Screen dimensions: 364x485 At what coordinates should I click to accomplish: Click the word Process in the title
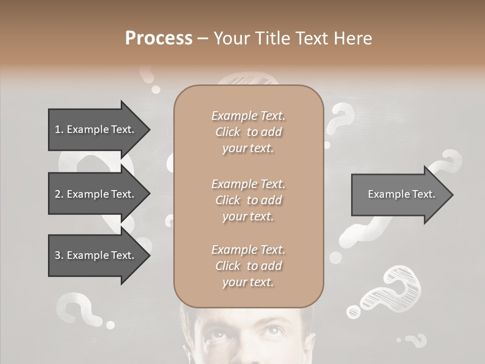point(159,38)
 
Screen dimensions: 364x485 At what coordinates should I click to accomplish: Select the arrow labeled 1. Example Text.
point(94,129)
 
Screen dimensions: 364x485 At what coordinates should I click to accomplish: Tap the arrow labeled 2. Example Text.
point(94,194)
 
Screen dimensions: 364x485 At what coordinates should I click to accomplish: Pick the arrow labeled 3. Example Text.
point(94,255)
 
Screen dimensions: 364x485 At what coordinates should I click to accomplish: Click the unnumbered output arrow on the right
point(401,195)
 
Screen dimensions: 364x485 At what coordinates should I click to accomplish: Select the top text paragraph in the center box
point(248,132)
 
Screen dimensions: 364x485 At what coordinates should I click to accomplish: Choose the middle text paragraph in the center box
point(248,200)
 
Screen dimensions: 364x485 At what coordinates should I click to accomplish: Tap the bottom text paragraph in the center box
point(248,266)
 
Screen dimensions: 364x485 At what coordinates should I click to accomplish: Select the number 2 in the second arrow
point(58,194)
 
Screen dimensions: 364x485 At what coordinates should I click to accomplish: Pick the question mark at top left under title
point(148,76)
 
